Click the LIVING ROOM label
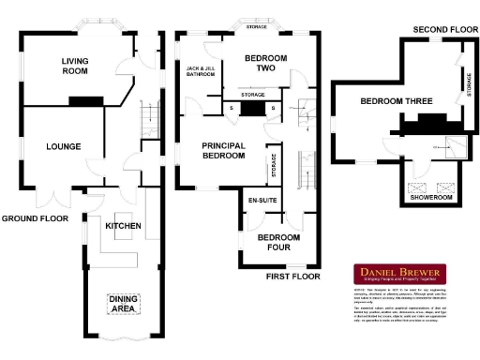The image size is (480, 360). coord(75,67)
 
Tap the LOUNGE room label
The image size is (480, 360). coord(62,146)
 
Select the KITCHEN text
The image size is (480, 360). coord(123,227)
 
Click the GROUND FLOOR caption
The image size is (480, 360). coord(35,217)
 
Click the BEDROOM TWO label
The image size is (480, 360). coord(265,63)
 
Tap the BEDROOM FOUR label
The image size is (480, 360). coord(279,243)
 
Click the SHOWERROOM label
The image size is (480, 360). coord(431,198)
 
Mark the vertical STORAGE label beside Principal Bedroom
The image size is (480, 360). coord(273,166)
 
